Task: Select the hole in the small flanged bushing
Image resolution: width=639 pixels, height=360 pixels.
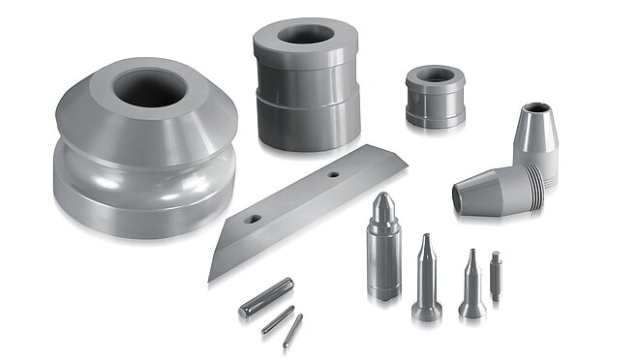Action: [x=434, y=75]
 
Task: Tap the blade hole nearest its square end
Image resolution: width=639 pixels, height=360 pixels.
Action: [x=332, y=176]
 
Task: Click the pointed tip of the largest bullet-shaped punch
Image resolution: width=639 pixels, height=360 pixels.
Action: [x=384, y=195]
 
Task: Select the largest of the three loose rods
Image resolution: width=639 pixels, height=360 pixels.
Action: [x=265, y=296]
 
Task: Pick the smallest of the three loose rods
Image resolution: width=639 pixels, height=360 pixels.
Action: [x=291, y=330]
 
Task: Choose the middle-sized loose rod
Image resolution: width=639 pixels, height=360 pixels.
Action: [x=278, y=319]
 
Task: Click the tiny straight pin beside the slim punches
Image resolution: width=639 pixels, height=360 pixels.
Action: [x=496, y=275]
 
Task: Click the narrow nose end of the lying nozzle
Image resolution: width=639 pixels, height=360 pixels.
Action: [x=461, y=196]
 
